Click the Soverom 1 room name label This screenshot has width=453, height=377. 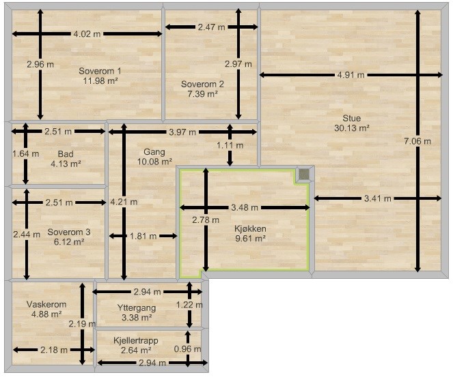(x=100, y=71)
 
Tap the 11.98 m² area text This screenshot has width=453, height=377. (x=100, y=80)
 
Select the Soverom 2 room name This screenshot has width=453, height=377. (x=202, y=84)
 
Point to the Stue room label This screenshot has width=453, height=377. (x=352, y=118)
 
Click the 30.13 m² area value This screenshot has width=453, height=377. (x=352, y=127)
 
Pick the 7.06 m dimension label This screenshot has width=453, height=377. (x=417, y=141)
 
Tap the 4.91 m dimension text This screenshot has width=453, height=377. (x=351, y=75)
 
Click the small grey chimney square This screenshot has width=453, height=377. (x=304, y=174)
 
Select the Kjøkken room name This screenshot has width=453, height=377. (x=250, y=229)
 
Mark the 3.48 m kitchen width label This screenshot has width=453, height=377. (x=245, y=207)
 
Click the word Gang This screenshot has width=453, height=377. (x=154, y=152)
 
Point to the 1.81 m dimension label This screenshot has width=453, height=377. (x=143, y=237)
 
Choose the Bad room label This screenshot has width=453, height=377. (x=66, y=154)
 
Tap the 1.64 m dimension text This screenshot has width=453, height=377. (x=26, y=154)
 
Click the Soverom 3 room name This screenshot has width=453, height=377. (x=69, y=232)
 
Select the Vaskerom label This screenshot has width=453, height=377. (x=46, y=304)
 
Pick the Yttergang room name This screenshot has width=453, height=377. (x=137, y=308)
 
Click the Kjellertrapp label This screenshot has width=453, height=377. (x=136, y=340)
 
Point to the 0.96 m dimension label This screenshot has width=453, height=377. (x=187, y=349)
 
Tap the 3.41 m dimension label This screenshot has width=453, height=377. (x=378, y=198)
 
